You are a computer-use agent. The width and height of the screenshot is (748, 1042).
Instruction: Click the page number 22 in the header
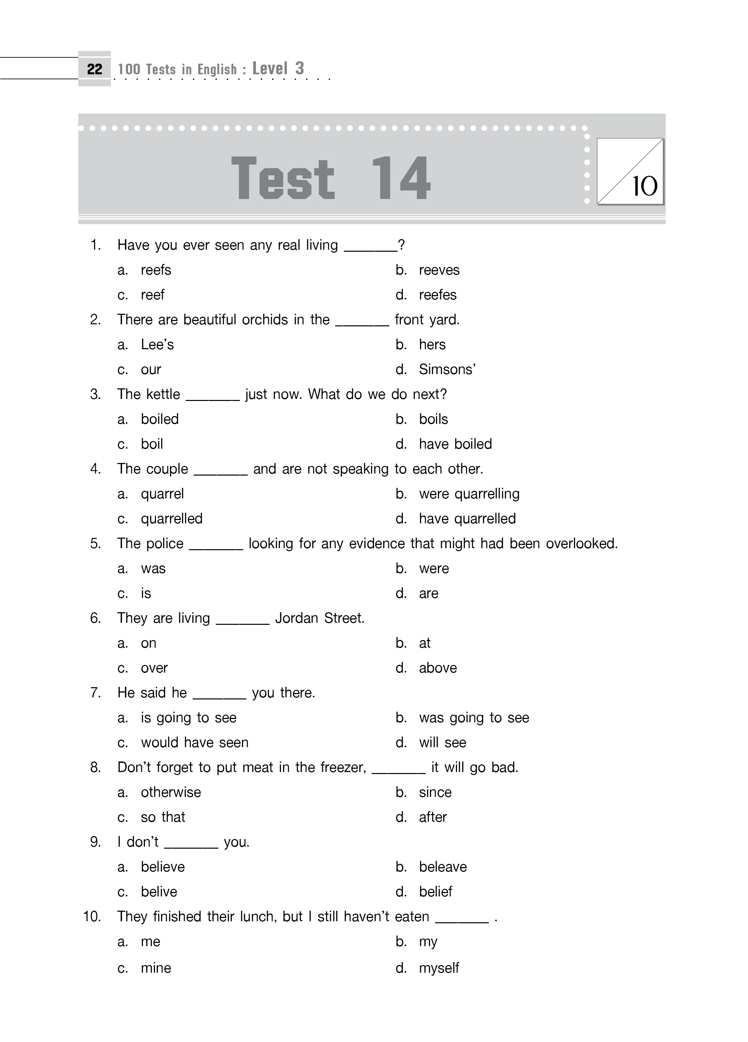pyautogui.click(x=94, y=69)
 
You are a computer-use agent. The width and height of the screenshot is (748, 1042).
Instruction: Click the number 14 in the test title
pyautogui.click(x=400, y=178)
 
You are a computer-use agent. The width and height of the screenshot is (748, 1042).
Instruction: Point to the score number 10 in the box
pyautogui.click(x=645, y=186)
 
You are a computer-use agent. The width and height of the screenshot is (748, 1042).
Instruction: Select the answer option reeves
pyautogui.click(x=439, y=270)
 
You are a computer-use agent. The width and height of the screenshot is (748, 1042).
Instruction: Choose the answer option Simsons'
pyautogui.click(x=447, y=369)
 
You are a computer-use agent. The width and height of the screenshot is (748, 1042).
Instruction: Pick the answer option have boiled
pyautogui.click(x=455, y=444)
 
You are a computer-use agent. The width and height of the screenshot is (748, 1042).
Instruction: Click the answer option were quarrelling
pyautogui.click(x=468, y=494)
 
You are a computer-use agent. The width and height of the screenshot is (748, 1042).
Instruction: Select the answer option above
pyautogui.click(x=437, y=668)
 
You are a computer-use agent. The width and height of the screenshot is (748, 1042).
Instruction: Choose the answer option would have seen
pyautogui.click(x=194, y=743)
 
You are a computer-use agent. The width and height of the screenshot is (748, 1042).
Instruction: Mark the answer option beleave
pyautogui.click(x=442, y=867)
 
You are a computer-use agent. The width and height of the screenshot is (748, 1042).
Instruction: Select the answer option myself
pyautogui.click(x=439, y=968)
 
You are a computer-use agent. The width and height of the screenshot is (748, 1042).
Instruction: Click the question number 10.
pyautogui.click(x=92, y=917)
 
